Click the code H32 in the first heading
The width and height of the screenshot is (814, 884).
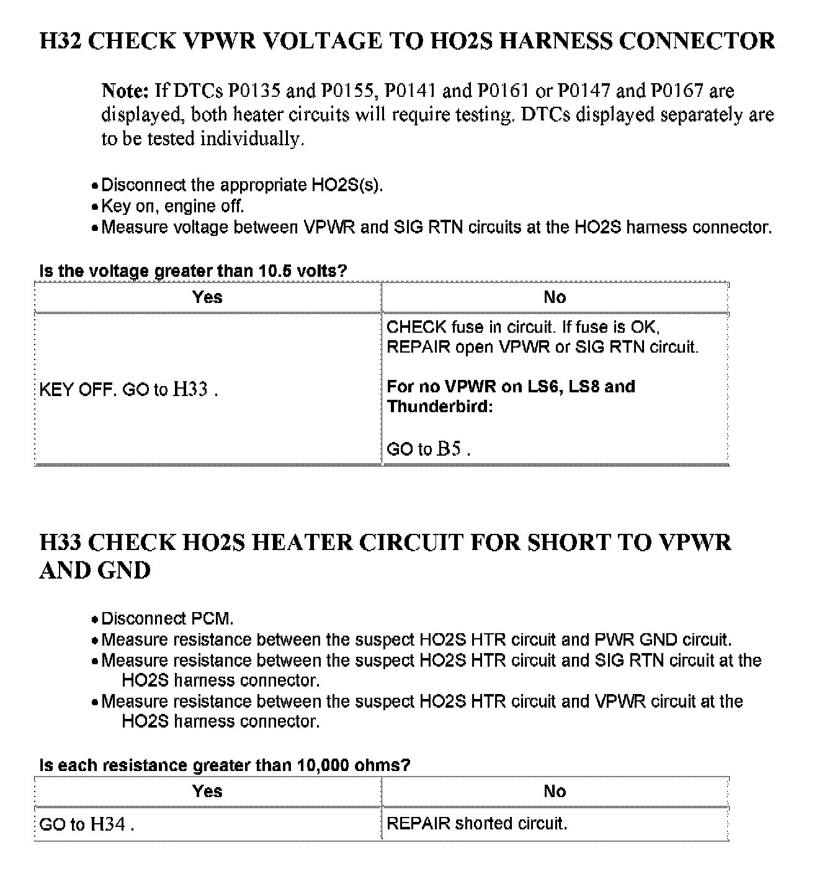coord(60,41)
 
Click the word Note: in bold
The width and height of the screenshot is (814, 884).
coord(125,91)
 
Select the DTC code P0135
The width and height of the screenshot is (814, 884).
coord(254,91)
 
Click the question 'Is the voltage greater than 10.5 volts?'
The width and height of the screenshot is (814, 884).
coord(193,271)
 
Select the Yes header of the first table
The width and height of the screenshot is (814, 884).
coord(207,297)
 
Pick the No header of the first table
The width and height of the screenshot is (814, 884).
coord(555,297)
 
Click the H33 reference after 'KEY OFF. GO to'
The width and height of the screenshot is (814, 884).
coord(190,390)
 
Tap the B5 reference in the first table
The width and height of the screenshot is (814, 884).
coord(448,449)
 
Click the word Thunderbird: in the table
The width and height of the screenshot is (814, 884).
coord(439,407)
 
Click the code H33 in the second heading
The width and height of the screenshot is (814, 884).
coord(60,543)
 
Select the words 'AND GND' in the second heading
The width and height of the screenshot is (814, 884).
coord(95,571)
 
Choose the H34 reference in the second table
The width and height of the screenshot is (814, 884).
coord(108,824)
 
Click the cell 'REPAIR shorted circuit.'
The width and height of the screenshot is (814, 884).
coord(476,824)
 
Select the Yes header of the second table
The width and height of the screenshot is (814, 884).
coord(207,792)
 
